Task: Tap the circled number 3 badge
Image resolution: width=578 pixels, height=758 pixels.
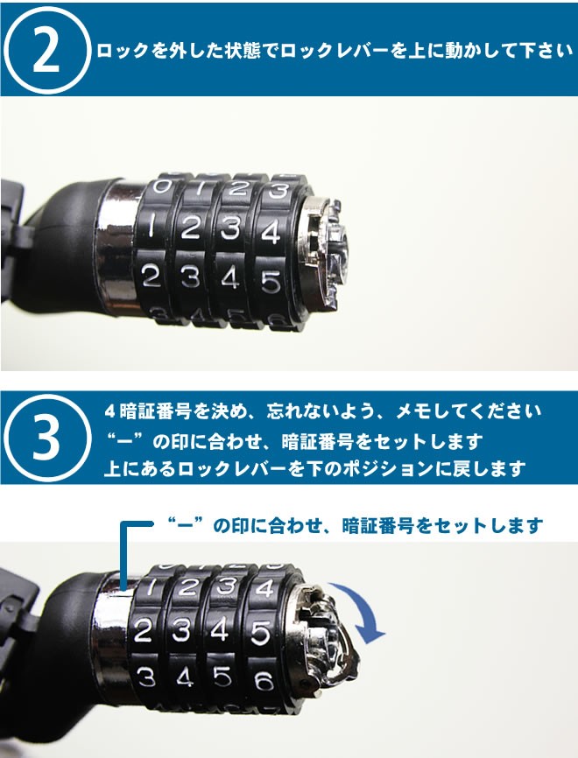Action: [x=47, y=438]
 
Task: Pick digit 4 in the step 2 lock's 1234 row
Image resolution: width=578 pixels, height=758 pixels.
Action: [x=271, y=231]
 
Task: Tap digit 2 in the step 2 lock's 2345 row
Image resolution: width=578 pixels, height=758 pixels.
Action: [x=151, y=276]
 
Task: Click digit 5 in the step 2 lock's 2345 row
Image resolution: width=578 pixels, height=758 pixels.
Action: [x=271, y=282]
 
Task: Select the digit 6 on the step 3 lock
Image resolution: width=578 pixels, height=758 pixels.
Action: [x=264, y=682]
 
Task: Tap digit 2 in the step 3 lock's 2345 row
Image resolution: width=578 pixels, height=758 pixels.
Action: [x=143, y=630]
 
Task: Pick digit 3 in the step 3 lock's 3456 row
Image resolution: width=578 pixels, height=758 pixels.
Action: [x=146, y=677]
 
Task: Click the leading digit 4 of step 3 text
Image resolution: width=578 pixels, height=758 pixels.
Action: [x=109, y=412]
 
